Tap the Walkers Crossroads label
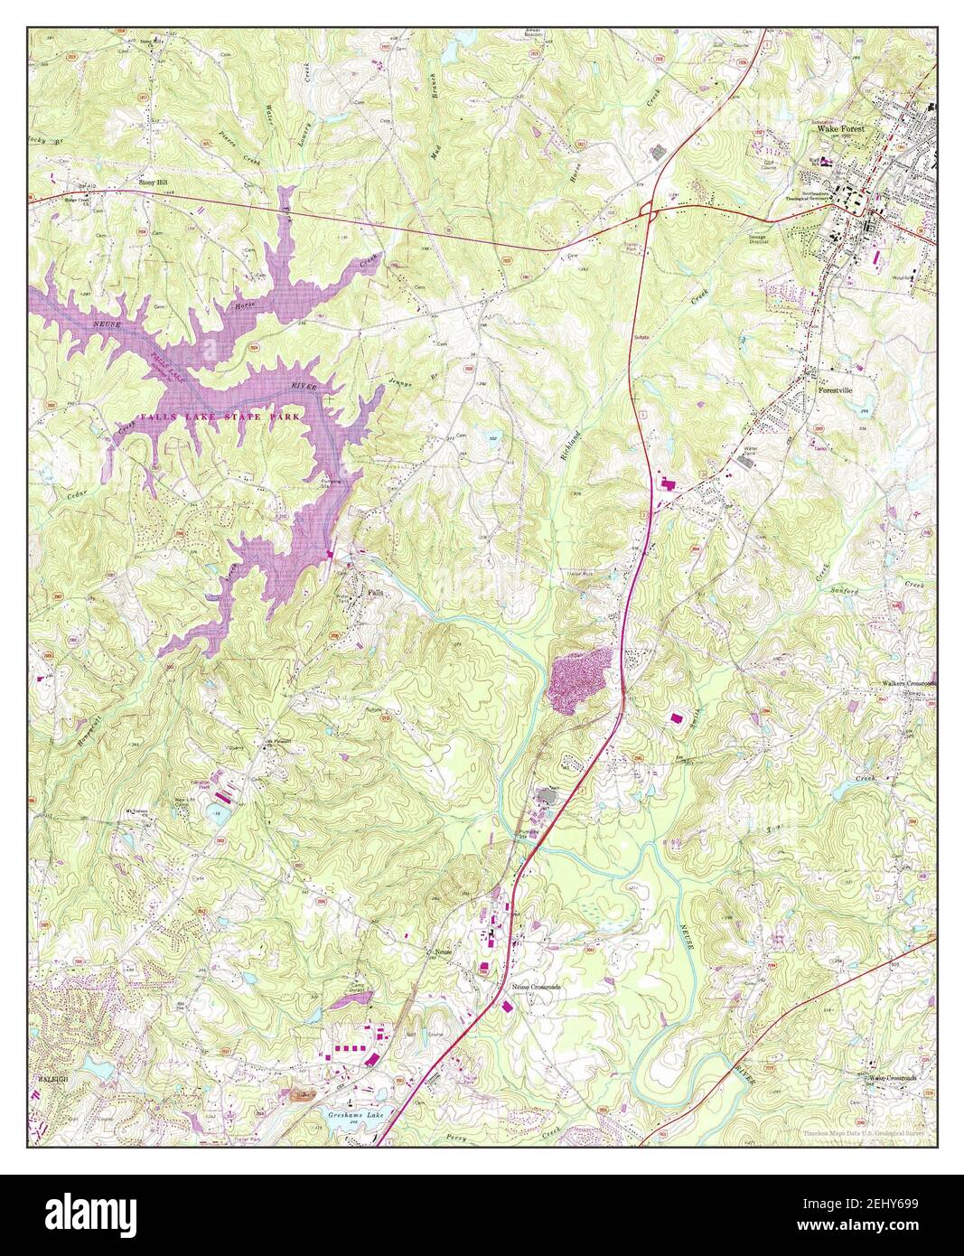pyautogui.click(x=908, y=684)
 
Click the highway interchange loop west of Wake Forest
pyautogui.click(x=646, y=210)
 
